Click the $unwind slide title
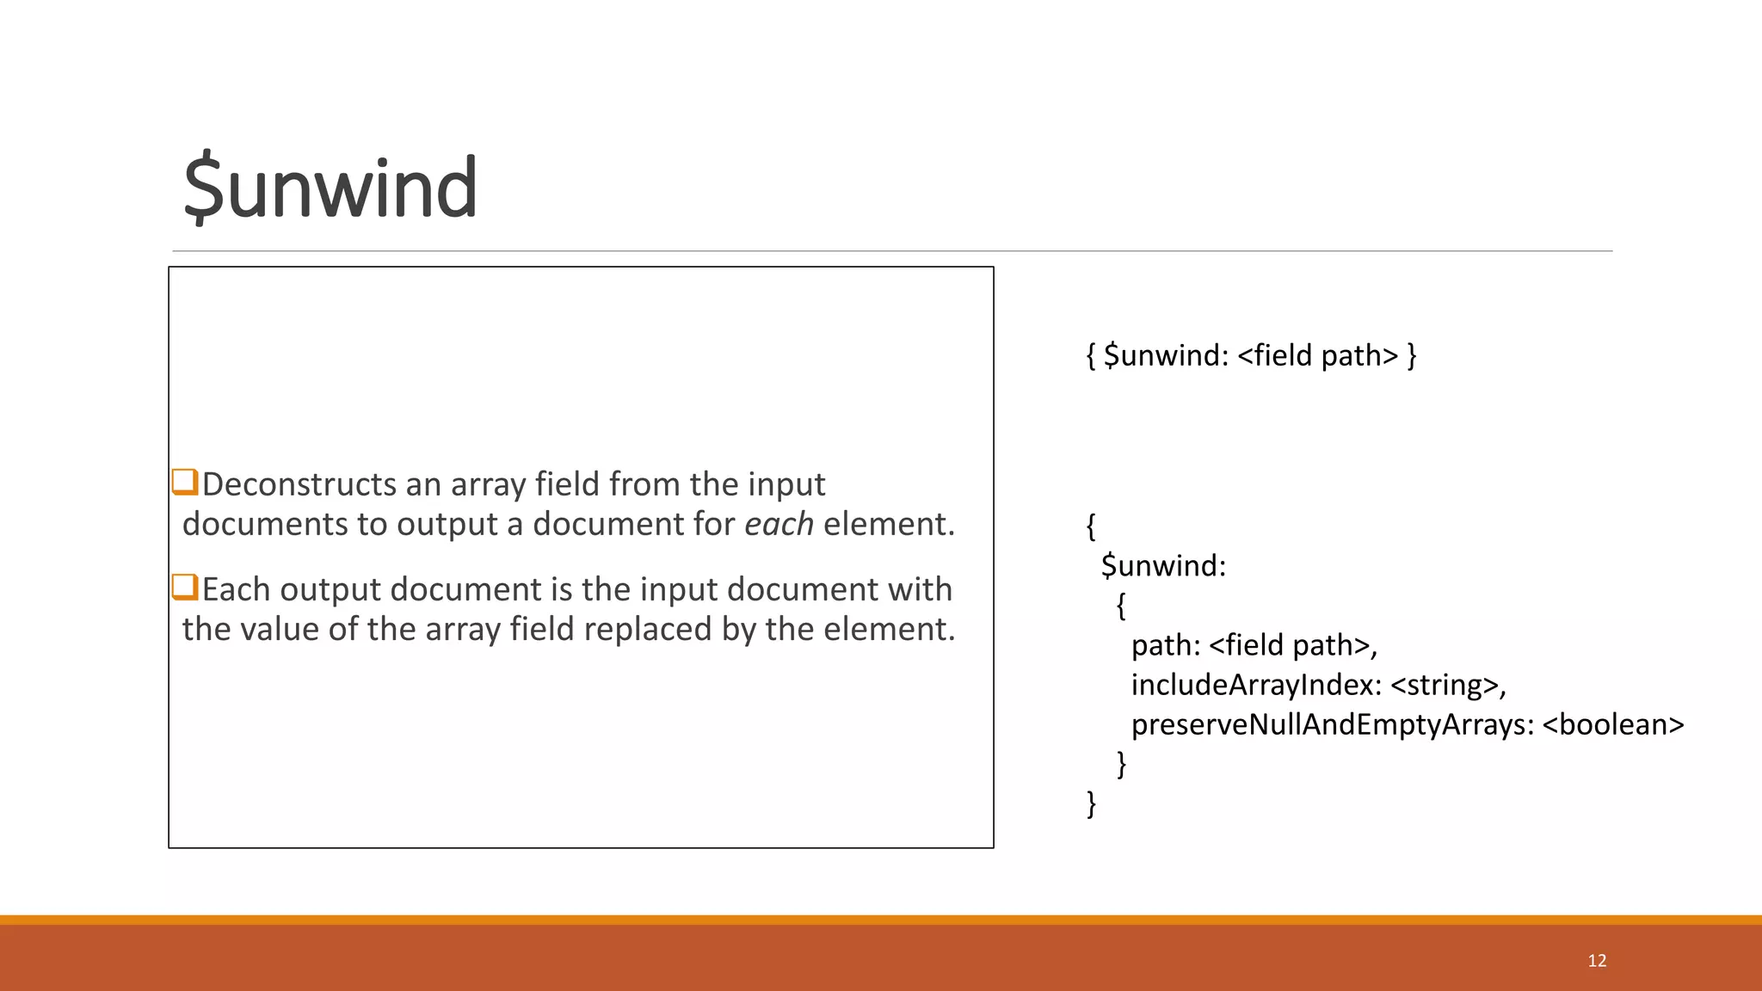pyautogui.click(x=330, y=188)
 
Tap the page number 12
pyautogui.click(x=1597, y=961)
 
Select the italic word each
pyautogui.click(x=779, y=524)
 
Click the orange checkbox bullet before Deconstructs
pyautogui.click(x=185, y=482)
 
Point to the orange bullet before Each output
pyautogui.click(x=185, y=588)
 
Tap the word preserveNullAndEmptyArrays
pyautogui.click(x=1333, y=724)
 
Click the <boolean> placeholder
pyautogui.click(x=1613, y=724)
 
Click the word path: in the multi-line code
pyautogui.click(x=1166, y=645)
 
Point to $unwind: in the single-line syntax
pyautogui.click(x=1166, y=355)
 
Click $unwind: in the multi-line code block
pyautogui.click(x=1163, y=566)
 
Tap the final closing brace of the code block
pyautogui.click(x=1092, y=803)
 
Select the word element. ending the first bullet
pyautogui.click(x=889, y=524)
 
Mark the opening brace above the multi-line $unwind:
pyautogui.click(x=1091, y=526)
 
